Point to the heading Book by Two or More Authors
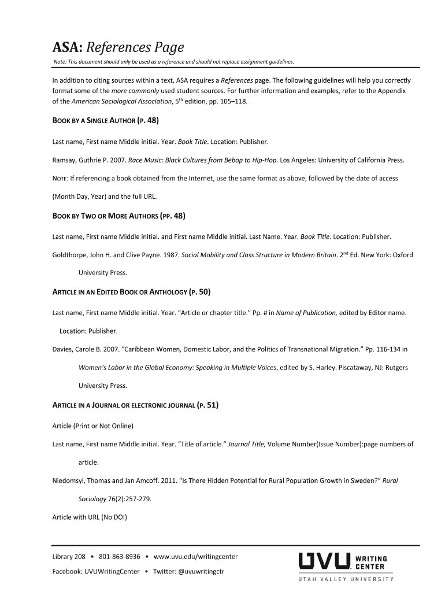118,216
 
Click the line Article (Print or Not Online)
92,426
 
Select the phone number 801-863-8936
120,557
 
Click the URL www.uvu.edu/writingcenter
196,557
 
